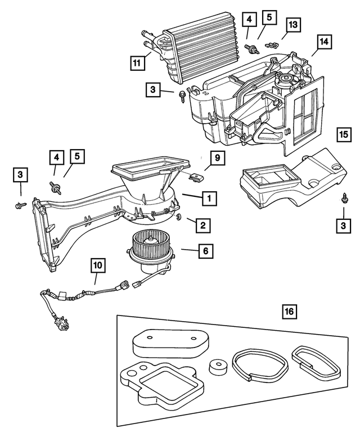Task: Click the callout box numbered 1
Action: pyautogui.click(x=208, y=198)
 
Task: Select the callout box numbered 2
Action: pyautogui.click(x=204, y=226)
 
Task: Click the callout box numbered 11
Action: pyautogui.click(x=136, y=63)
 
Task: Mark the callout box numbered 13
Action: pyautogui.click(x=292, y=24)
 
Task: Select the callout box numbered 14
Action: pyautogui.click(x=323, y=42)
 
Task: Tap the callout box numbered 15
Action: pyautogui.click(x=344, y=135)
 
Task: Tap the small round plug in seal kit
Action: pyautogui.click(x=217, y=367)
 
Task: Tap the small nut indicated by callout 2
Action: pyautogui.click(x=178, y=217)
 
